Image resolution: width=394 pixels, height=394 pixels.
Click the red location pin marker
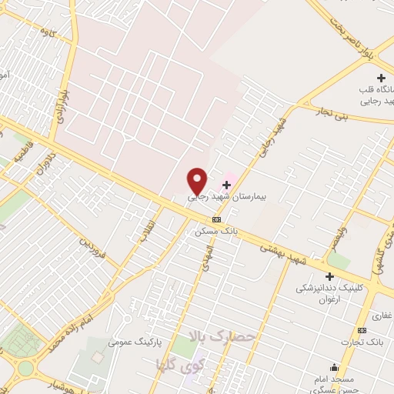click(197, 180)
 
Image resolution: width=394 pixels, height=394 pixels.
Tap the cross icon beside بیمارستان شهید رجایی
click(226, 185)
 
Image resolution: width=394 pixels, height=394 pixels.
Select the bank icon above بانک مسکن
click(226, 219)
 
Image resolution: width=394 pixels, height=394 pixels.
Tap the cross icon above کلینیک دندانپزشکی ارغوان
click(329, 276)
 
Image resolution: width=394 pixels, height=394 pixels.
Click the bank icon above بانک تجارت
click(376, 329)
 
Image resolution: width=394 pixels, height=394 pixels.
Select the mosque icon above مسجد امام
click(333, 367)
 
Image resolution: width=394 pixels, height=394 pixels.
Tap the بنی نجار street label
click(334, 112)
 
